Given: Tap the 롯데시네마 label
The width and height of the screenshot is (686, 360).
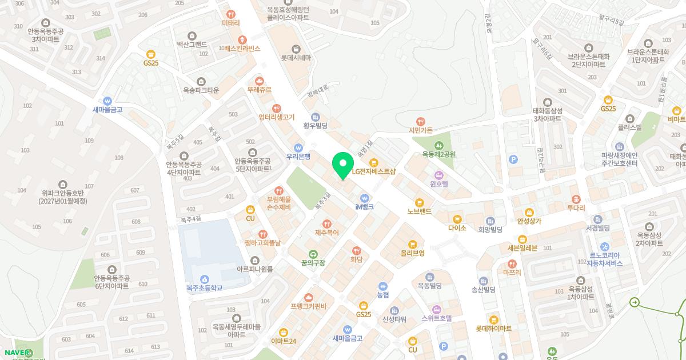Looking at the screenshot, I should (x=296, y=58).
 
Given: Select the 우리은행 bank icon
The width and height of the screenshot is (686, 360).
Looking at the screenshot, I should (x=298, y=147).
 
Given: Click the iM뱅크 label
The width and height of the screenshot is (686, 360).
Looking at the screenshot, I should (x=364, y=207).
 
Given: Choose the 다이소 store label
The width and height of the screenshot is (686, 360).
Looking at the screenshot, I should (x=457, y=227).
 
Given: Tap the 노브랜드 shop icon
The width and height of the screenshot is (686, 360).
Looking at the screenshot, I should (x=420, y=202).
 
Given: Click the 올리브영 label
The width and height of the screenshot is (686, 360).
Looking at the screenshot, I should (x=412, y=253).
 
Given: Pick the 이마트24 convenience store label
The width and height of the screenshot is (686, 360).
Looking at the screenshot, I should (x=284, y=341).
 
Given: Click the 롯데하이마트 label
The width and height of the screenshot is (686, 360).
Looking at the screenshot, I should (x=493, y=329).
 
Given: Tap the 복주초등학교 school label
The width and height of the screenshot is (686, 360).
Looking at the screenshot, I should (x=204, y=289).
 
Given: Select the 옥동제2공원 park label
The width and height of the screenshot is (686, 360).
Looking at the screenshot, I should (x=438, y=154).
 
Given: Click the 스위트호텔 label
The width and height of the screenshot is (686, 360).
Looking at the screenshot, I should (x=436, y=318).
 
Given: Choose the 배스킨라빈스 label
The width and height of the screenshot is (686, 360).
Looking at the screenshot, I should (x=242, y=49).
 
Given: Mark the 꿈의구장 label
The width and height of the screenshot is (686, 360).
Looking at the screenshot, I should (x=313, y=263).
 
